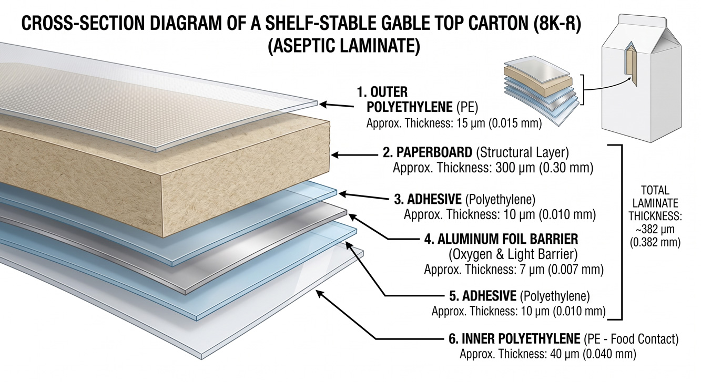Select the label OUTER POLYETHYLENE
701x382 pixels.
pos(409,99)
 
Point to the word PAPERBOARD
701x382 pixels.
pos(434,152)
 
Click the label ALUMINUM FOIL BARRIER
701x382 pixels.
pos(507,239)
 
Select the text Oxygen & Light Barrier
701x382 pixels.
pos(513,254)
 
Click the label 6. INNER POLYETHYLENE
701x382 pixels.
pos(514,338)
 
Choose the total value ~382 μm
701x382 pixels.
pos(655,230)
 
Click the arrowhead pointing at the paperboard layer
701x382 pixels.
pos(336,154)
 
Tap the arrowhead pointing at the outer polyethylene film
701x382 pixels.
pos(323,105)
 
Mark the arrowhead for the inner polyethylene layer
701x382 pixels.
pos(320,294)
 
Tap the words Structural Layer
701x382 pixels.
pos(522,152)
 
